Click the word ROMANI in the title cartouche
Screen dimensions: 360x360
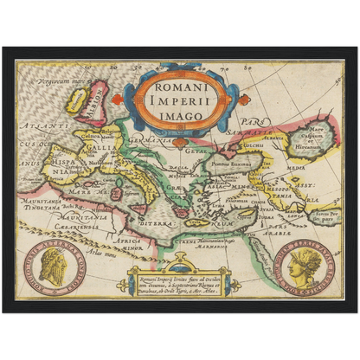click(179, 87)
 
